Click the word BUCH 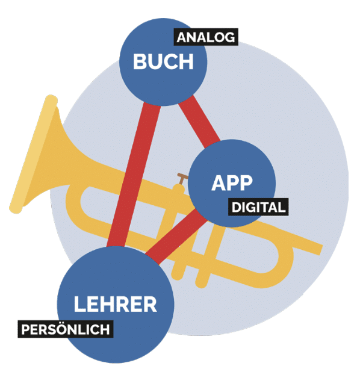[x=163, y=61]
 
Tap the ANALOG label [x=206, y=37]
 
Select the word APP [x=232, y=183]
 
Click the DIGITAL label [x=258, y=207]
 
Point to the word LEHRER [x=116, y=304]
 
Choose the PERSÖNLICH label [x=66, y=329]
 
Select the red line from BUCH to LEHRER [x=134, y=175]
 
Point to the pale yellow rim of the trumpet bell [x=33, y=154]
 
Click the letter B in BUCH [x=140, y=61]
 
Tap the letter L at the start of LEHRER [x=79, y=304]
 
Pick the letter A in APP [x=219, y=183]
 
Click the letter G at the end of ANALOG [x=230, y=37]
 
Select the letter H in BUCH [x=186, y=61]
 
